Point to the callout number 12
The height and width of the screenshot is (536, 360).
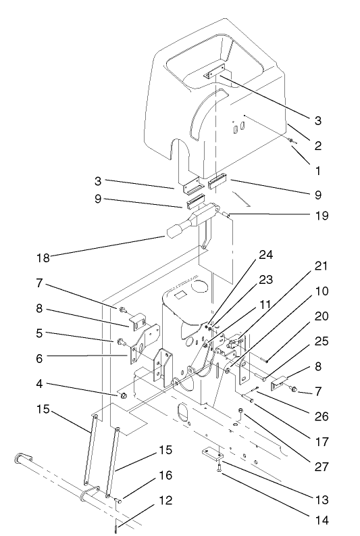(x=165, y=500)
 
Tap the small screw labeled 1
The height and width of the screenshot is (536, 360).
(x=291, y=140)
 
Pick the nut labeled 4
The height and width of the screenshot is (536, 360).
(x=124, y=394)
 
